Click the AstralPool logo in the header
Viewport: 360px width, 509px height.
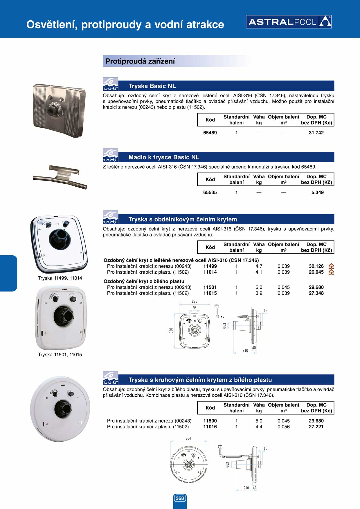pos(289,22)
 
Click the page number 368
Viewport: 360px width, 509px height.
pos(180,498)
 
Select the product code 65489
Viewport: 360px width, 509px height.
pos(210,133)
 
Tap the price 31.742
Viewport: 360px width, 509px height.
pos(316,133)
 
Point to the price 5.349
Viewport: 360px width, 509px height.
pos(317,192)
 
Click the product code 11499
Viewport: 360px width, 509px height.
pos(210,266)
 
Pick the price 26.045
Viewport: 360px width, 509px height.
pos(316,272)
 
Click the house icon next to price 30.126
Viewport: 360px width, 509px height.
pos(331,266)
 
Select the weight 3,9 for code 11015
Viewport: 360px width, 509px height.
pos(259,293)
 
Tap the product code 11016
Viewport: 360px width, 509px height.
pos(210,427)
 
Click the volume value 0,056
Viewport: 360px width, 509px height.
pos(283,427)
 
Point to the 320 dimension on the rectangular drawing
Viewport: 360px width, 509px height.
pos(171,330)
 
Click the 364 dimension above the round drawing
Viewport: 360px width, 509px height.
pos(188,438)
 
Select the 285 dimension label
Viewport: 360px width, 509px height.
pos(194,301)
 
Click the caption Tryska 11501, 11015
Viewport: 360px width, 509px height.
pos(60,355)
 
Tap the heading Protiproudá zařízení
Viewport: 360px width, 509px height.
pos(140,61)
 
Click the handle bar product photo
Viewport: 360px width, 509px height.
pos(60,176)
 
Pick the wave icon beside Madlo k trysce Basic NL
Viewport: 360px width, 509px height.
pos(110,155)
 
